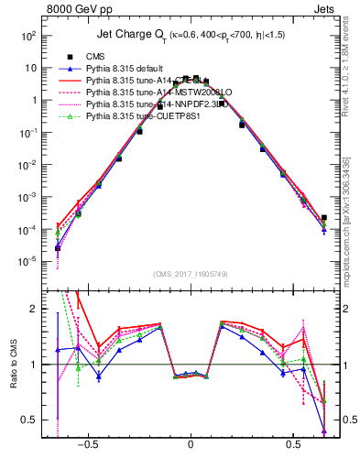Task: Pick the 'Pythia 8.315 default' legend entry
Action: [x=126, y=69]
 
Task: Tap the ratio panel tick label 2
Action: [x=35, y=310]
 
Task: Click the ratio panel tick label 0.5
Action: [x=29, y=420]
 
